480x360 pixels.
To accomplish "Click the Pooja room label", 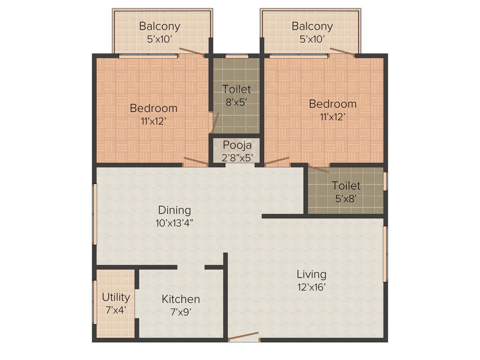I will pyautogui.click(x=237, y=144).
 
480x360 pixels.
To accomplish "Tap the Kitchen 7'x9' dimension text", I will pyautogui.click(x=180, y=311).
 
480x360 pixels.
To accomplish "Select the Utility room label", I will pyautogui.click(x=116, y=297).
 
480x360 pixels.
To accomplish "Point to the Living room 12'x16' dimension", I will pyautogui.click(x=311, y=286).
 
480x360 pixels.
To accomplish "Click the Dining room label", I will pyautogui.click(x=174, y=210).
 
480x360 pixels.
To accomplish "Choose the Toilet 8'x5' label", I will pyautogui.click(x=236, y=89).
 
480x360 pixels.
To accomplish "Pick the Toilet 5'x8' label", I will pyautogui.click(x=346, y=186).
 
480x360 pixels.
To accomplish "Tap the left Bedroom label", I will pyautogui.click(x=154, y=108).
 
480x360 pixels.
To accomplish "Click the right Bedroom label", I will pyautogui.click(x=333, y=104).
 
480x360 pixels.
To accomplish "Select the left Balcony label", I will pyautogui.click(x=159, y=26).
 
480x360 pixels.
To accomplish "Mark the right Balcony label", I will pyautogui.click(x=312, y=26).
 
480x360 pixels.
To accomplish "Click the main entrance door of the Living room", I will pyautogui.click(x=243, y=336).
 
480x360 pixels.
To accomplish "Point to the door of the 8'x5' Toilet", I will pyautogui.click(x=215, y=123).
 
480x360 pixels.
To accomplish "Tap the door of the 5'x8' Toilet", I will pyautogui.click(x=319, y=169).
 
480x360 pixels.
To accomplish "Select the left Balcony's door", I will pyautogui.click(x=192, y=52).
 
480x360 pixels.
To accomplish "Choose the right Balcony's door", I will pyautogui.click(x=342, y=52).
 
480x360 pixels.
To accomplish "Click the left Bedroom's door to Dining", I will pyautogui.click(x=196, y=162).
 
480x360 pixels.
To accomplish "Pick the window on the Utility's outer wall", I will pyautogui.click(x=95, y=302).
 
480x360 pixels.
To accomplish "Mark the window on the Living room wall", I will pyautogui.click(x=385, y=254).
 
